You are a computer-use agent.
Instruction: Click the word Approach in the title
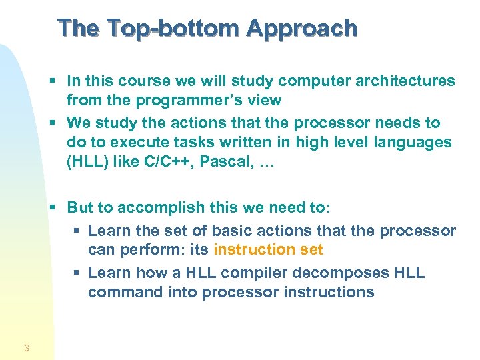click(302, 28)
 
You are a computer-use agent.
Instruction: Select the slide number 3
click(26, 347)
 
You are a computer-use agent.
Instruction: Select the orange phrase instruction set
click(268, 250)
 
